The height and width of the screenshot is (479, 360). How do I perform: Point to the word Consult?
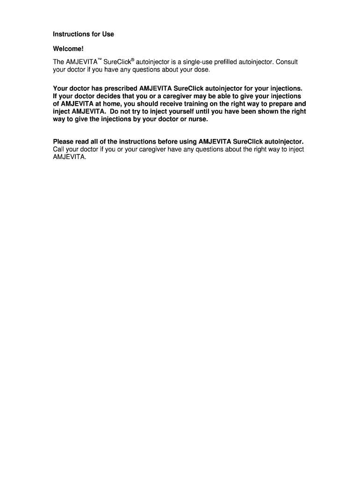pos(286,62)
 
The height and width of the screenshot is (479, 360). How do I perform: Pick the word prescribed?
pos(118,88)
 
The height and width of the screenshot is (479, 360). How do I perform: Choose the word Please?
pos(63,141)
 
